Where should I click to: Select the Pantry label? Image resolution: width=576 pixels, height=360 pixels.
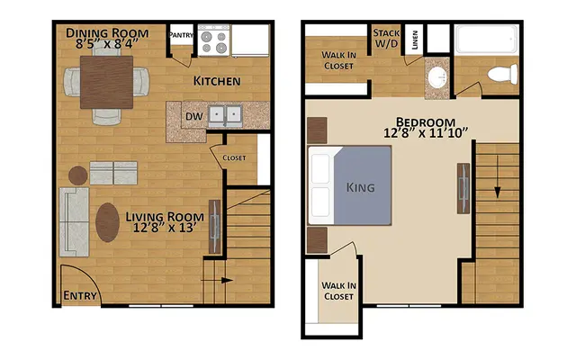(183, 37)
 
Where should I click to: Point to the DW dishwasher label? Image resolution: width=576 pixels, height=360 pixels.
(193, 116)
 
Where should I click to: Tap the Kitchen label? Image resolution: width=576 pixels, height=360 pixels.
(216, 82)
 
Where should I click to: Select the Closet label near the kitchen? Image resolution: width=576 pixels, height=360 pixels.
(234, 158)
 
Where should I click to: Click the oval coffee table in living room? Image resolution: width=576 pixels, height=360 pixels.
(107, 222)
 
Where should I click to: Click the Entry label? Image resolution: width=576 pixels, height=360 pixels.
(80, 294)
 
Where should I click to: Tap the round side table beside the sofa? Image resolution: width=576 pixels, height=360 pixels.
(76, 173)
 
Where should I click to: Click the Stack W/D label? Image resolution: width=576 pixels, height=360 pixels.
(386, 38)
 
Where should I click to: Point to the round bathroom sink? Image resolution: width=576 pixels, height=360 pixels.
(438, 77)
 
